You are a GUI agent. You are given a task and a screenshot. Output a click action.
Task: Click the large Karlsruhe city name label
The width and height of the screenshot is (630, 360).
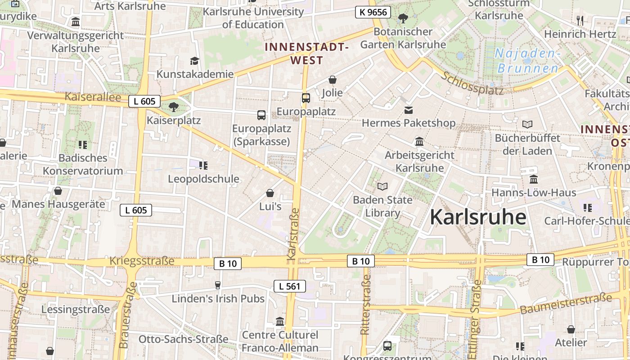pyautogui.click(x=478, y=217)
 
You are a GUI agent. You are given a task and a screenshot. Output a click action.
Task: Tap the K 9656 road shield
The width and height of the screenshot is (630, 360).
pyautogui.click(x=373, y=12)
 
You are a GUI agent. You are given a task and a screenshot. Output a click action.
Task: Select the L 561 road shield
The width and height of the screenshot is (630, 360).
pyautogui.click(x=290, y=286)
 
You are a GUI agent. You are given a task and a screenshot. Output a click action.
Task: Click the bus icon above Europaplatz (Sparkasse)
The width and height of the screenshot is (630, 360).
pyautogui.click(x=261, y=115)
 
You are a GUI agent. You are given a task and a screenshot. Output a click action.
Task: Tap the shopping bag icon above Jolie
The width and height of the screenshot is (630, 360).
pyautogui.click(x=333, y=80)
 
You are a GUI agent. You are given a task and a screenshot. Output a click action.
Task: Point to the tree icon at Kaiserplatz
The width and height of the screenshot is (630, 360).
pyautogui.click(x=173, y=107)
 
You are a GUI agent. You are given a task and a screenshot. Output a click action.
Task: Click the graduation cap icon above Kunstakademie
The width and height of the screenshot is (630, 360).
pyautogui.click(x=194, y=61)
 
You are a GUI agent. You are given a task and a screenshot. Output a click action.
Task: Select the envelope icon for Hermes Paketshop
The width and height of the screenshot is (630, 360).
pyautogui.click(x=409, y=110)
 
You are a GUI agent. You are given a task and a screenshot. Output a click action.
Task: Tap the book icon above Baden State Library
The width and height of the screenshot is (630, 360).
pyautogui.click(x=382, y=186)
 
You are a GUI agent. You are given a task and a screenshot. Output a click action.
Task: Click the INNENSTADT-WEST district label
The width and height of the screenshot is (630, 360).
pyautogui.click(x=307, y=54)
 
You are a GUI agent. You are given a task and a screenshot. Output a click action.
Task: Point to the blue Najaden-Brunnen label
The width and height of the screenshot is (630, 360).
pyautogui.click(x=528, y=61)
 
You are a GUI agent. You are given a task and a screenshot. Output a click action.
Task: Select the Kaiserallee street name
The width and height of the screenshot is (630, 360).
pyautogui.click(x=93, y=97)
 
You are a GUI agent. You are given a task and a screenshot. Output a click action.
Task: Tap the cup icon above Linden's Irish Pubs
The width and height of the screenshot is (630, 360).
pyautogui.click(x=218, y=285)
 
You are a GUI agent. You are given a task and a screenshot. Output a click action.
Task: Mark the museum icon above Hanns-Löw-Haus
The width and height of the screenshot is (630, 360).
pyautogui.click(x=534, y=179)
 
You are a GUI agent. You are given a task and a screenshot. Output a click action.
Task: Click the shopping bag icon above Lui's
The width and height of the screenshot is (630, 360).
pyautogui.click(x=270, y=193)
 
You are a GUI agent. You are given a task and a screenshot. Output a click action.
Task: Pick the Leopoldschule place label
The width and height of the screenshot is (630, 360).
pyautogui.click(x=203, y=179)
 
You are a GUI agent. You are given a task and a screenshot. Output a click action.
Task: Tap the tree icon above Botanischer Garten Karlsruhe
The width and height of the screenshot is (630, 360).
pyautogui.click(x=403, y=18)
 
